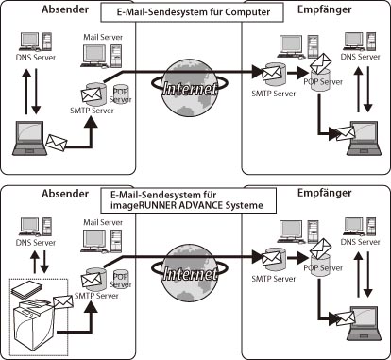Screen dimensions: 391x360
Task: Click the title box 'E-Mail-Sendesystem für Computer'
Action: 192,12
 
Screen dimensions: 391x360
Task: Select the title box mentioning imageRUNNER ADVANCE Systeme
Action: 189,200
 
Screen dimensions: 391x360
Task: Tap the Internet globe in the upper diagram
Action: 189,88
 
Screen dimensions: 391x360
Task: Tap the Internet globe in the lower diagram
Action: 189,273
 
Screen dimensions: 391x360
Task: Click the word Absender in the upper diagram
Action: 65,9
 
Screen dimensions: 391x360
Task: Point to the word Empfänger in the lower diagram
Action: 325,193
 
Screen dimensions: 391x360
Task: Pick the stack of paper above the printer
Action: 26,289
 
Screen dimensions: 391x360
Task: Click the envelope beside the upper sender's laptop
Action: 57,142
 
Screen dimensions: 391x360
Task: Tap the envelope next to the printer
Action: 63,302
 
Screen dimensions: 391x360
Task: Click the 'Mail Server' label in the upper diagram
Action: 103,37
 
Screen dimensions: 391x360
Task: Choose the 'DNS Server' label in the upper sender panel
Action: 36,58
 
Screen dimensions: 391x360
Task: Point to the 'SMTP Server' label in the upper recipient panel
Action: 274,94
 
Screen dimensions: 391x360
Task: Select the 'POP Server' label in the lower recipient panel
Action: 323,268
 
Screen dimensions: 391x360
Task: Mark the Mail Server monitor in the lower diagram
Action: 94,241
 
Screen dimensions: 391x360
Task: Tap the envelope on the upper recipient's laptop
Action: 345,133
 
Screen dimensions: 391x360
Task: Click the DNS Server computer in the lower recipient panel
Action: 360,227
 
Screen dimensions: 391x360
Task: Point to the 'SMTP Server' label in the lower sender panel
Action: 96,296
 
